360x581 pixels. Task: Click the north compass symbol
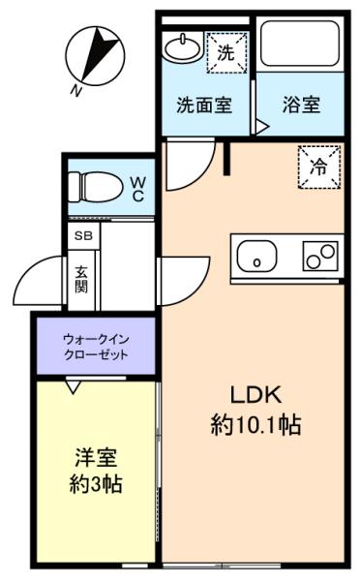(95, 55)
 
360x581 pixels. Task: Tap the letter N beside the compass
(75, 90)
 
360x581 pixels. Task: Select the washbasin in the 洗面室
(183, 47)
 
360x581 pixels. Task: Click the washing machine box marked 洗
(226, 52)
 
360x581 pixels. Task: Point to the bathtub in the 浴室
(300, 44)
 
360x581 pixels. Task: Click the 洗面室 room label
(204, 106)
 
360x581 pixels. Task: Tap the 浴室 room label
(302, 105)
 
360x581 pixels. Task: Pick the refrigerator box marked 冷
(319, 168)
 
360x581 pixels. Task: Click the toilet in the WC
(96, 186)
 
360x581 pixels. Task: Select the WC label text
(137, 189)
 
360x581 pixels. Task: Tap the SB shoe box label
(83, 235)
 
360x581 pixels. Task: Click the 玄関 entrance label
(82, 280)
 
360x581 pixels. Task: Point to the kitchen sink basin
(257, 256)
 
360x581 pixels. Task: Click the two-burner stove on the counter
(320, 256)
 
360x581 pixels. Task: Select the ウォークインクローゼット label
(96, 347)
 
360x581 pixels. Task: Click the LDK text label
(255, 395)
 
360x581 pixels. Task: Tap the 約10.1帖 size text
(255, 425)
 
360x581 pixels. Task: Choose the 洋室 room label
(96, 458)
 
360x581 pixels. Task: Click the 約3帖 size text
(96, 484)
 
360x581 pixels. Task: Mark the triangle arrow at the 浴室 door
(262, 126)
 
